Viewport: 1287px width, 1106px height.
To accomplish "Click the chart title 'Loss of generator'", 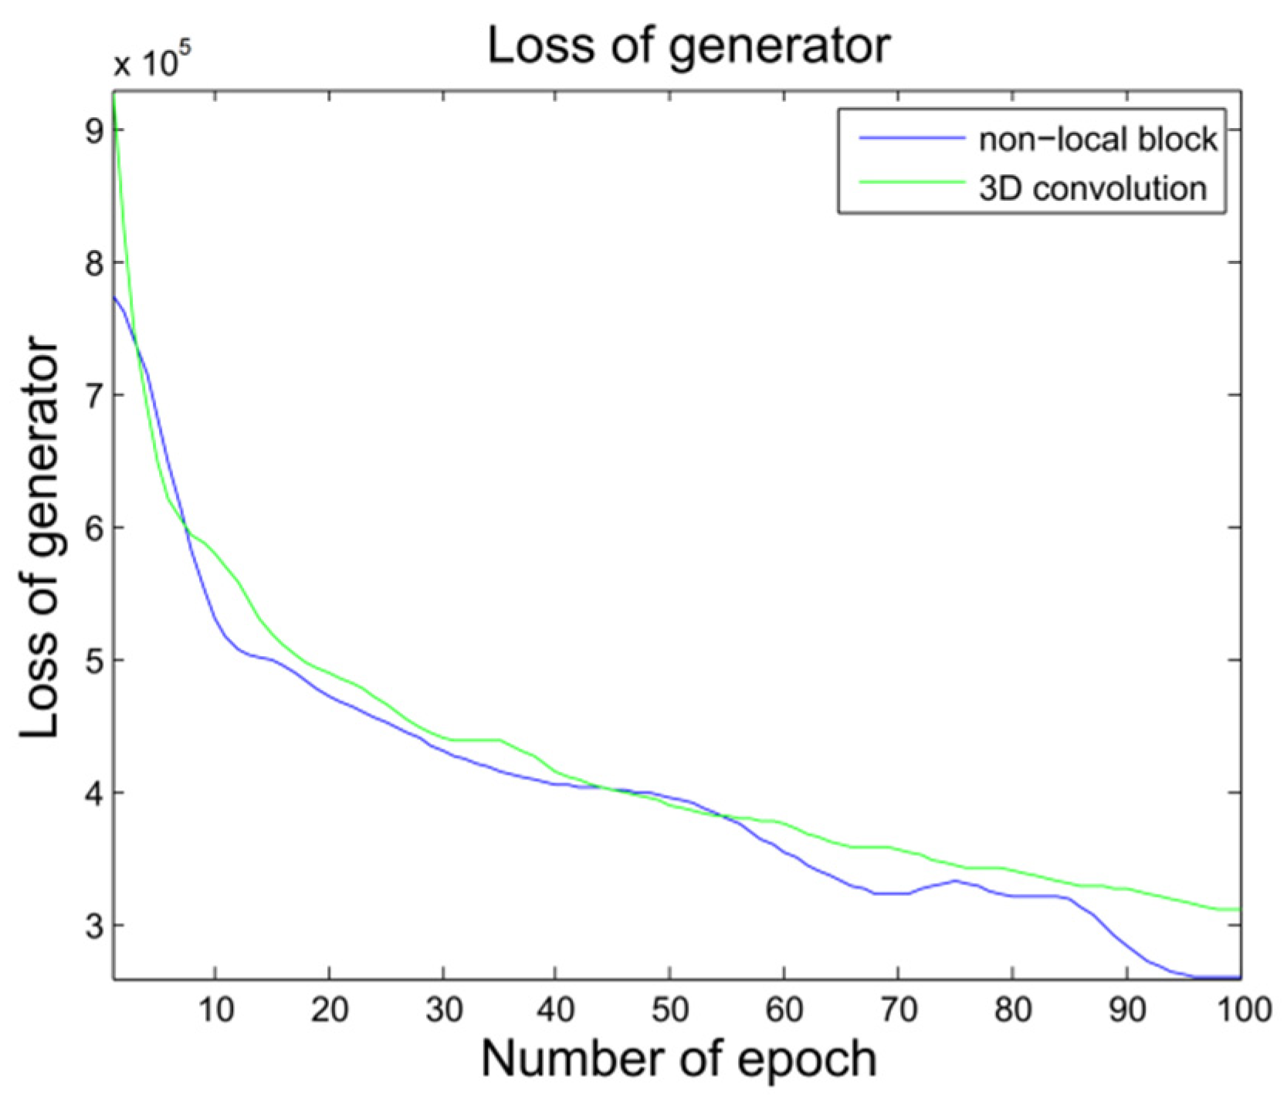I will (x=689, y=46).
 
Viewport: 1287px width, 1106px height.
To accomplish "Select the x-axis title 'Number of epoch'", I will (x=679, y=1059).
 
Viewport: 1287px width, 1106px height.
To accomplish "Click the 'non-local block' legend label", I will (x=1097, y=140).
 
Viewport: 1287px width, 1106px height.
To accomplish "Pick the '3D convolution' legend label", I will (x=1092, y=188).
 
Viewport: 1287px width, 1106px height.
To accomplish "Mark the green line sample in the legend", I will (x=911, y=183).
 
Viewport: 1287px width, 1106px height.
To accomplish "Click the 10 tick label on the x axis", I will (x=215, y=1010).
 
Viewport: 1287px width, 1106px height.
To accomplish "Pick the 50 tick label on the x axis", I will (x=670, y=1010).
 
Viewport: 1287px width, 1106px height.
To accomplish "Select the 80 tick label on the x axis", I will (x=1012, y=1010).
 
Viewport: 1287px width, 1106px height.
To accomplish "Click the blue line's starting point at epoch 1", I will (x=114, y=296).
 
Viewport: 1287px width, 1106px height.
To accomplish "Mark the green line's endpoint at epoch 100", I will (x=1239, y=909).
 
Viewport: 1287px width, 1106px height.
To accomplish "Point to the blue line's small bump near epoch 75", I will (x=956, y=881).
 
